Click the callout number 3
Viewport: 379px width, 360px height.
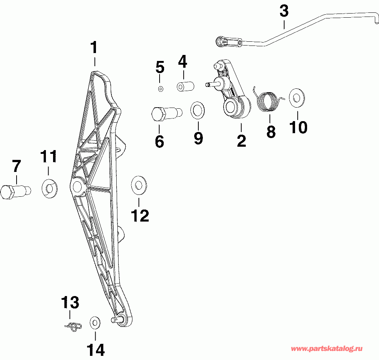tap(284, 11)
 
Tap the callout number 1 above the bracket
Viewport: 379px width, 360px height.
tap(94, 47)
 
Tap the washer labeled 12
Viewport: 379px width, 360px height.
tap(139, 185)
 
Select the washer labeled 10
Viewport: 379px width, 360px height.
tap(297, 98)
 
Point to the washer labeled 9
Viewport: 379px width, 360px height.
tap(198, 111)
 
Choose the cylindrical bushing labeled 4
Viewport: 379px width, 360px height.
tap(186, 87)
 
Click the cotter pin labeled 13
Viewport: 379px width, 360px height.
tap(73, 327)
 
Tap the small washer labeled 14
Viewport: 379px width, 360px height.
tap(95, 323)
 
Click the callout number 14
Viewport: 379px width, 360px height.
tap(96, 349)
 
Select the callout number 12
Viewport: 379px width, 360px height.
tap(140, 216)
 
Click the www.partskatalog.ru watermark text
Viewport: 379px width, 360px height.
tap(327, 349)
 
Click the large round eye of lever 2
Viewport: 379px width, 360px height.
tap(231, 108)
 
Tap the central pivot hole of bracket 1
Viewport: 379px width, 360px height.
tap(77, 186)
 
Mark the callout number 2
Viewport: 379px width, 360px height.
tap(242, 141)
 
